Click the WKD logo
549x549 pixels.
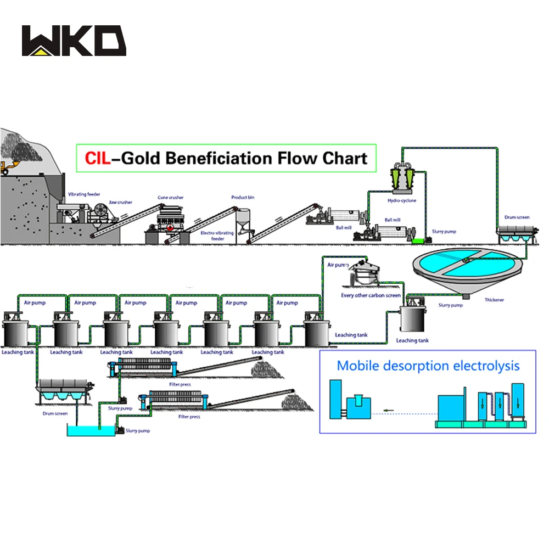(x=74, y=41)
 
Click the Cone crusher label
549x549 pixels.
(x=171, y=197)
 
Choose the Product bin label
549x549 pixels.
(x=243, y=197)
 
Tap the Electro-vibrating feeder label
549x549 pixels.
(x=217, y=236)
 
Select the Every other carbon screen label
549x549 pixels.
(x=371, y=295)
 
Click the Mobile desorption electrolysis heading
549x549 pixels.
(x=428, y=366)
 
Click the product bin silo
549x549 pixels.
(x=243, y=220)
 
